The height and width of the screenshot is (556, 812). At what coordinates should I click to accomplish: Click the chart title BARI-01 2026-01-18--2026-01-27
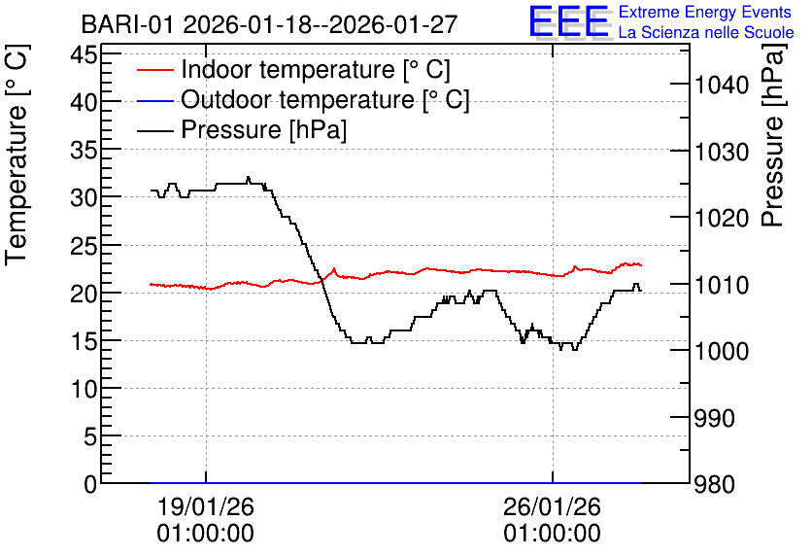pos(269,24)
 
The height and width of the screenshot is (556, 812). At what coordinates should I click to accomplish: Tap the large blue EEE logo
pos(568,21)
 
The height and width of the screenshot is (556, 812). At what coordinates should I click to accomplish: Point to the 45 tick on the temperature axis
pos(84,53)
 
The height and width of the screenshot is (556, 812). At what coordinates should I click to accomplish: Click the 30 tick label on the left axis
pos(84,197)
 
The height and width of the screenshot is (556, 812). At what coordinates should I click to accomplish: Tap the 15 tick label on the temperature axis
pos(84,341)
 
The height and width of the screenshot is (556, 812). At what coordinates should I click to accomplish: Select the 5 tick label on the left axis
pos(90,436)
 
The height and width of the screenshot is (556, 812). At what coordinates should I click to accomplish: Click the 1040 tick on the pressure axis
pos(722,85)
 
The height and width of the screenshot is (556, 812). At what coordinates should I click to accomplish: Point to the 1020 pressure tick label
pos(722,218)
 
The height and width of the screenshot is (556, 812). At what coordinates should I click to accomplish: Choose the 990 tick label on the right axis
pos(714,418)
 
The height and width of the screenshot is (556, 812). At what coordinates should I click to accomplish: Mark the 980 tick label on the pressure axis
pos(714,484)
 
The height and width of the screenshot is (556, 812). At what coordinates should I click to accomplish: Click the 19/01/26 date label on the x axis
pos(206,506)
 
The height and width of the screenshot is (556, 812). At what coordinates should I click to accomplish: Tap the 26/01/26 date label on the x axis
pos(552,506)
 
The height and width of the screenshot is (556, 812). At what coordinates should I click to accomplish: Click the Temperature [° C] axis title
pos(17,156)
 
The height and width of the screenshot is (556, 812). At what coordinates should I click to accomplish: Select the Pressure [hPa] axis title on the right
pos(772,135)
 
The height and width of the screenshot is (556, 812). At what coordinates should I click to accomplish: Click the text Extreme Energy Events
pos(705,12)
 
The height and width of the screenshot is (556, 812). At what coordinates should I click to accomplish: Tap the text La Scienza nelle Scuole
pos(706,32)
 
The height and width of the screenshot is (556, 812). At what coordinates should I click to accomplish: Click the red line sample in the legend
pos(154,70)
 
